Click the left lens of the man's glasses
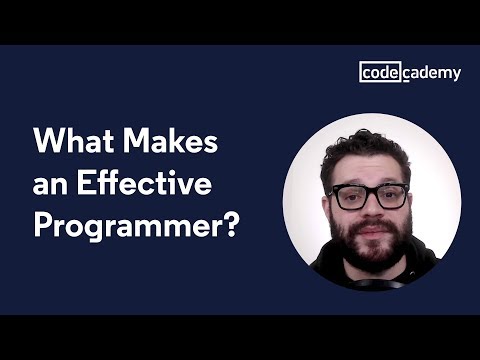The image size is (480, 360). pos(348,197)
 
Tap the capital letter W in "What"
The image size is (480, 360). pos(47,142)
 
